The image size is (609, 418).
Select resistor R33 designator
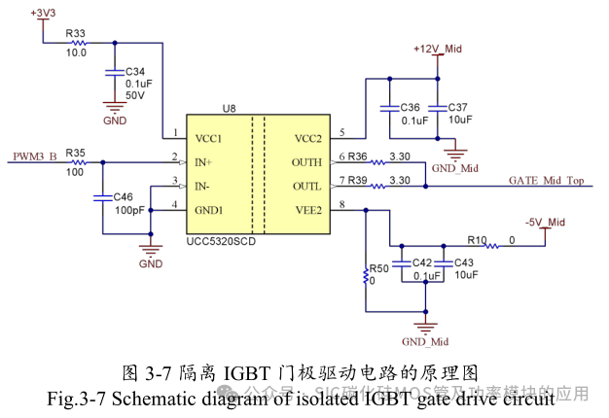[76, 34]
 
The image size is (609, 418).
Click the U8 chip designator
[229, 109]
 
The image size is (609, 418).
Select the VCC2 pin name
[308, 137]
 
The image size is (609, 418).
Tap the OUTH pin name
[307, 162]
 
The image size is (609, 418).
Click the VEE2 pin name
[308, 207]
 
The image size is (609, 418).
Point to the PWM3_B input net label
[34, 156]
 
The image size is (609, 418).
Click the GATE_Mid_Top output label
[546, 181]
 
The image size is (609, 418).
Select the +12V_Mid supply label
[438, 49]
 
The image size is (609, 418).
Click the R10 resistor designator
[477, 238]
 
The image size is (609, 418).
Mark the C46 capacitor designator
[124, 197]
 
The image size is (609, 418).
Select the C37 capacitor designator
[458, 107]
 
